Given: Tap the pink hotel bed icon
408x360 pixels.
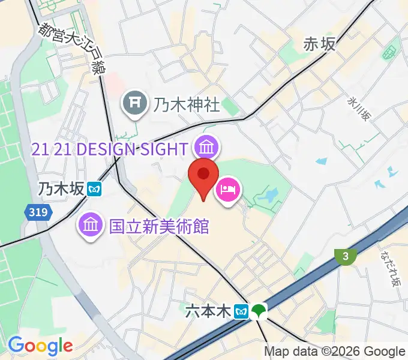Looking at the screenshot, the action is pos(228,191).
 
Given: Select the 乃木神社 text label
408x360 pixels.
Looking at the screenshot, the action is pos(187,105).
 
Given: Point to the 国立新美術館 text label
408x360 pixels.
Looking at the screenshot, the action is pos(158,226).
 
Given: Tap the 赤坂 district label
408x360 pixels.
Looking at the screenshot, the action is pos(319,43).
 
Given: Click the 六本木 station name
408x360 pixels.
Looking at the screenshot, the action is pos(208,311).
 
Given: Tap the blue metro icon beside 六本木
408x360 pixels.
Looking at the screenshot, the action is pos(241,311).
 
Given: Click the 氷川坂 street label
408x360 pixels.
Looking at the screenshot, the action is pos(358,110).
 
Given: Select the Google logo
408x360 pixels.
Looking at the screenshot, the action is pos(40,346).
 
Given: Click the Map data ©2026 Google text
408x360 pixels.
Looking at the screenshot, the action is pos(335,352).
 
